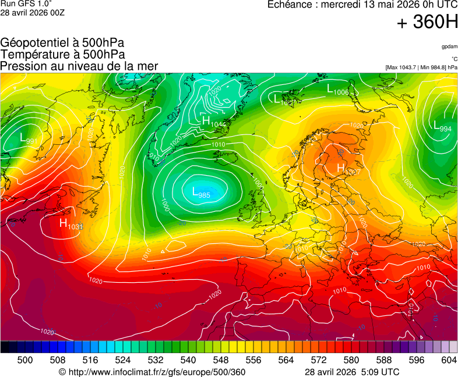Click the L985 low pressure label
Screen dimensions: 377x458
pos(201,192)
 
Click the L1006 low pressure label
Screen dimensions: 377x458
pos(337,90)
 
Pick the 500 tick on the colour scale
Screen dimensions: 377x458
pos(25,360)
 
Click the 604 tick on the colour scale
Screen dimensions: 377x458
pos(448,360)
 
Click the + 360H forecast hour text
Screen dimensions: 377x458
pos(427,23)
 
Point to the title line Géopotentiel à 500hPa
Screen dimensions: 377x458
pos(62,44)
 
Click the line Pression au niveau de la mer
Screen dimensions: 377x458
pos(79,66)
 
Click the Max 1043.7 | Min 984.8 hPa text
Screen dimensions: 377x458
pos(421,67)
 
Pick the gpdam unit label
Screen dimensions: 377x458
pos(449,46)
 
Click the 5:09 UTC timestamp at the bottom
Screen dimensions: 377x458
pos(378,372)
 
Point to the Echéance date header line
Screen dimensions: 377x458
pos(362,5)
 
